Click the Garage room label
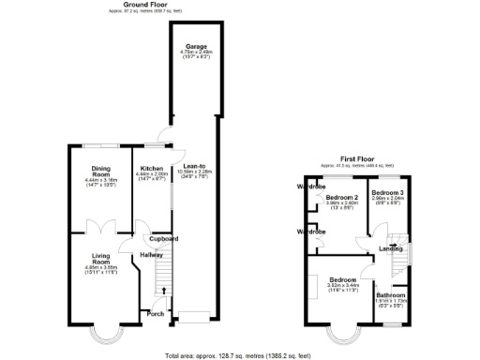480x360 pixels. click(195, 45)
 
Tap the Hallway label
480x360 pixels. click(152, 254)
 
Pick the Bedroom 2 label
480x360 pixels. click(341, 198)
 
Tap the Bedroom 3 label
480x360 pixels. click(387, 192)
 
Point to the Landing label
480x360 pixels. click(391, 248)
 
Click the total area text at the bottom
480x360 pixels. click(239, 355)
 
